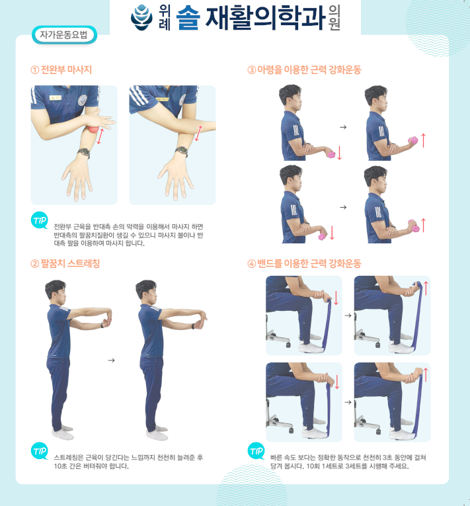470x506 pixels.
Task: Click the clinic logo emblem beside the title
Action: pos(141,17)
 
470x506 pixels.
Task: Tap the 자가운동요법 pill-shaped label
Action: pos(64,35)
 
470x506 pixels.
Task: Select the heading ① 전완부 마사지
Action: pos(61,69)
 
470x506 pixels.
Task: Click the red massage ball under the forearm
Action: pos(94,130)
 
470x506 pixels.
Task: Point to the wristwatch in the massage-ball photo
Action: pos(84,152)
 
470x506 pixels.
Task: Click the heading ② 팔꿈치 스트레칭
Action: pos(65,264)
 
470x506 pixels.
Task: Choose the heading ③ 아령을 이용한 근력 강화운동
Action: pos(304,69)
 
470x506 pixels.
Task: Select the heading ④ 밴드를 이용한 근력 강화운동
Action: pos(304,264)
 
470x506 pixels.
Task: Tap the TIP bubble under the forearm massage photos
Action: pos(40,220)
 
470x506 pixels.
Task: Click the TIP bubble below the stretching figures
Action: pos(40,451)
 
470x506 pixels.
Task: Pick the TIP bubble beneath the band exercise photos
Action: pos(256,451)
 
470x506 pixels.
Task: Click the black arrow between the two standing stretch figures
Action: pos(111,360)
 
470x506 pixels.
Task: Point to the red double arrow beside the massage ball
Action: pos(100,136)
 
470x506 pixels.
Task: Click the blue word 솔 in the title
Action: pos(188,18)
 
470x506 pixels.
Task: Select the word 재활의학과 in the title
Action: pos(265,18)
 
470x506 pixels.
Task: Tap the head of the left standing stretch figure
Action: pos(56,290)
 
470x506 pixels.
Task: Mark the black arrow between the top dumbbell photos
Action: pos(343,127)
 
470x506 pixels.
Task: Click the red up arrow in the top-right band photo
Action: pos(426,288)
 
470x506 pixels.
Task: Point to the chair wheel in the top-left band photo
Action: pos(288,345)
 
